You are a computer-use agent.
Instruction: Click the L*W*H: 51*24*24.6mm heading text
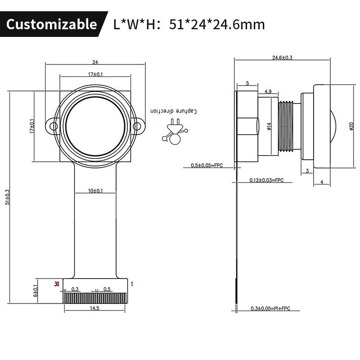click(189, 24)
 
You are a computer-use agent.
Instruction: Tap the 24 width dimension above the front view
click(95, 62)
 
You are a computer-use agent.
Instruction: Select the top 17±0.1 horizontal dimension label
click(95, 74)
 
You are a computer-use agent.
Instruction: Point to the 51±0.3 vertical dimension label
click(7, 197)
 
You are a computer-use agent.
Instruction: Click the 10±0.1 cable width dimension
click(95, 191)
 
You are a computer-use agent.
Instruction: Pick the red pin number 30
click(56, 283)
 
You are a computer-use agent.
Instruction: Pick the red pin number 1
click(132, 283)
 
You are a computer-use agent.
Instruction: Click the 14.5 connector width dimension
click(94, 308)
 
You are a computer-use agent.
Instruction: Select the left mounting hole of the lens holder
click(54, 126)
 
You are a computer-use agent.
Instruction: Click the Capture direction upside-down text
click(174, 111)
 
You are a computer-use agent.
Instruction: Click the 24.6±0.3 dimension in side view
click(282, 58)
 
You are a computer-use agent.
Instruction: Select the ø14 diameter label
click(269, 126)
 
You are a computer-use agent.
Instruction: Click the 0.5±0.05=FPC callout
click(207, 166)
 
